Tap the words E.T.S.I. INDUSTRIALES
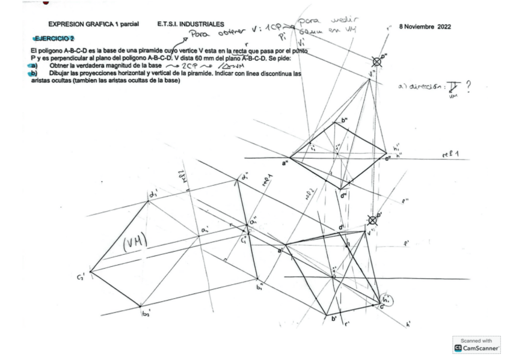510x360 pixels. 192,24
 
